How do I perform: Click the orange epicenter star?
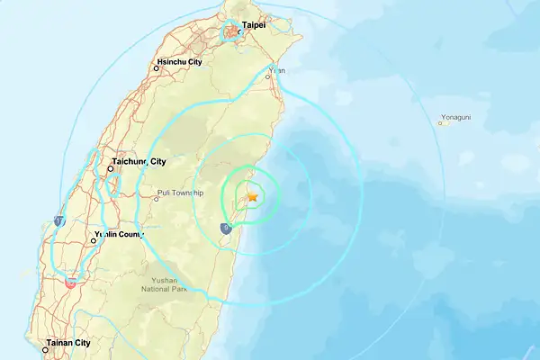coord(253,195)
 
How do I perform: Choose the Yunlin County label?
coord(120,236)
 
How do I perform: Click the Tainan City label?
coord(70,343)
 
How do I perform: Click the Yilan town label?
coord(278,70)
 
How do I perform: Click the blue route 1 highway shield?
coord(58,220)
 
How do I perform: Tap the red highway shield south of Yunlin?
coord(71,282)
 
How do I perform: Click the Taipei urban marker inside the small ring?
coord(233,32)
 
